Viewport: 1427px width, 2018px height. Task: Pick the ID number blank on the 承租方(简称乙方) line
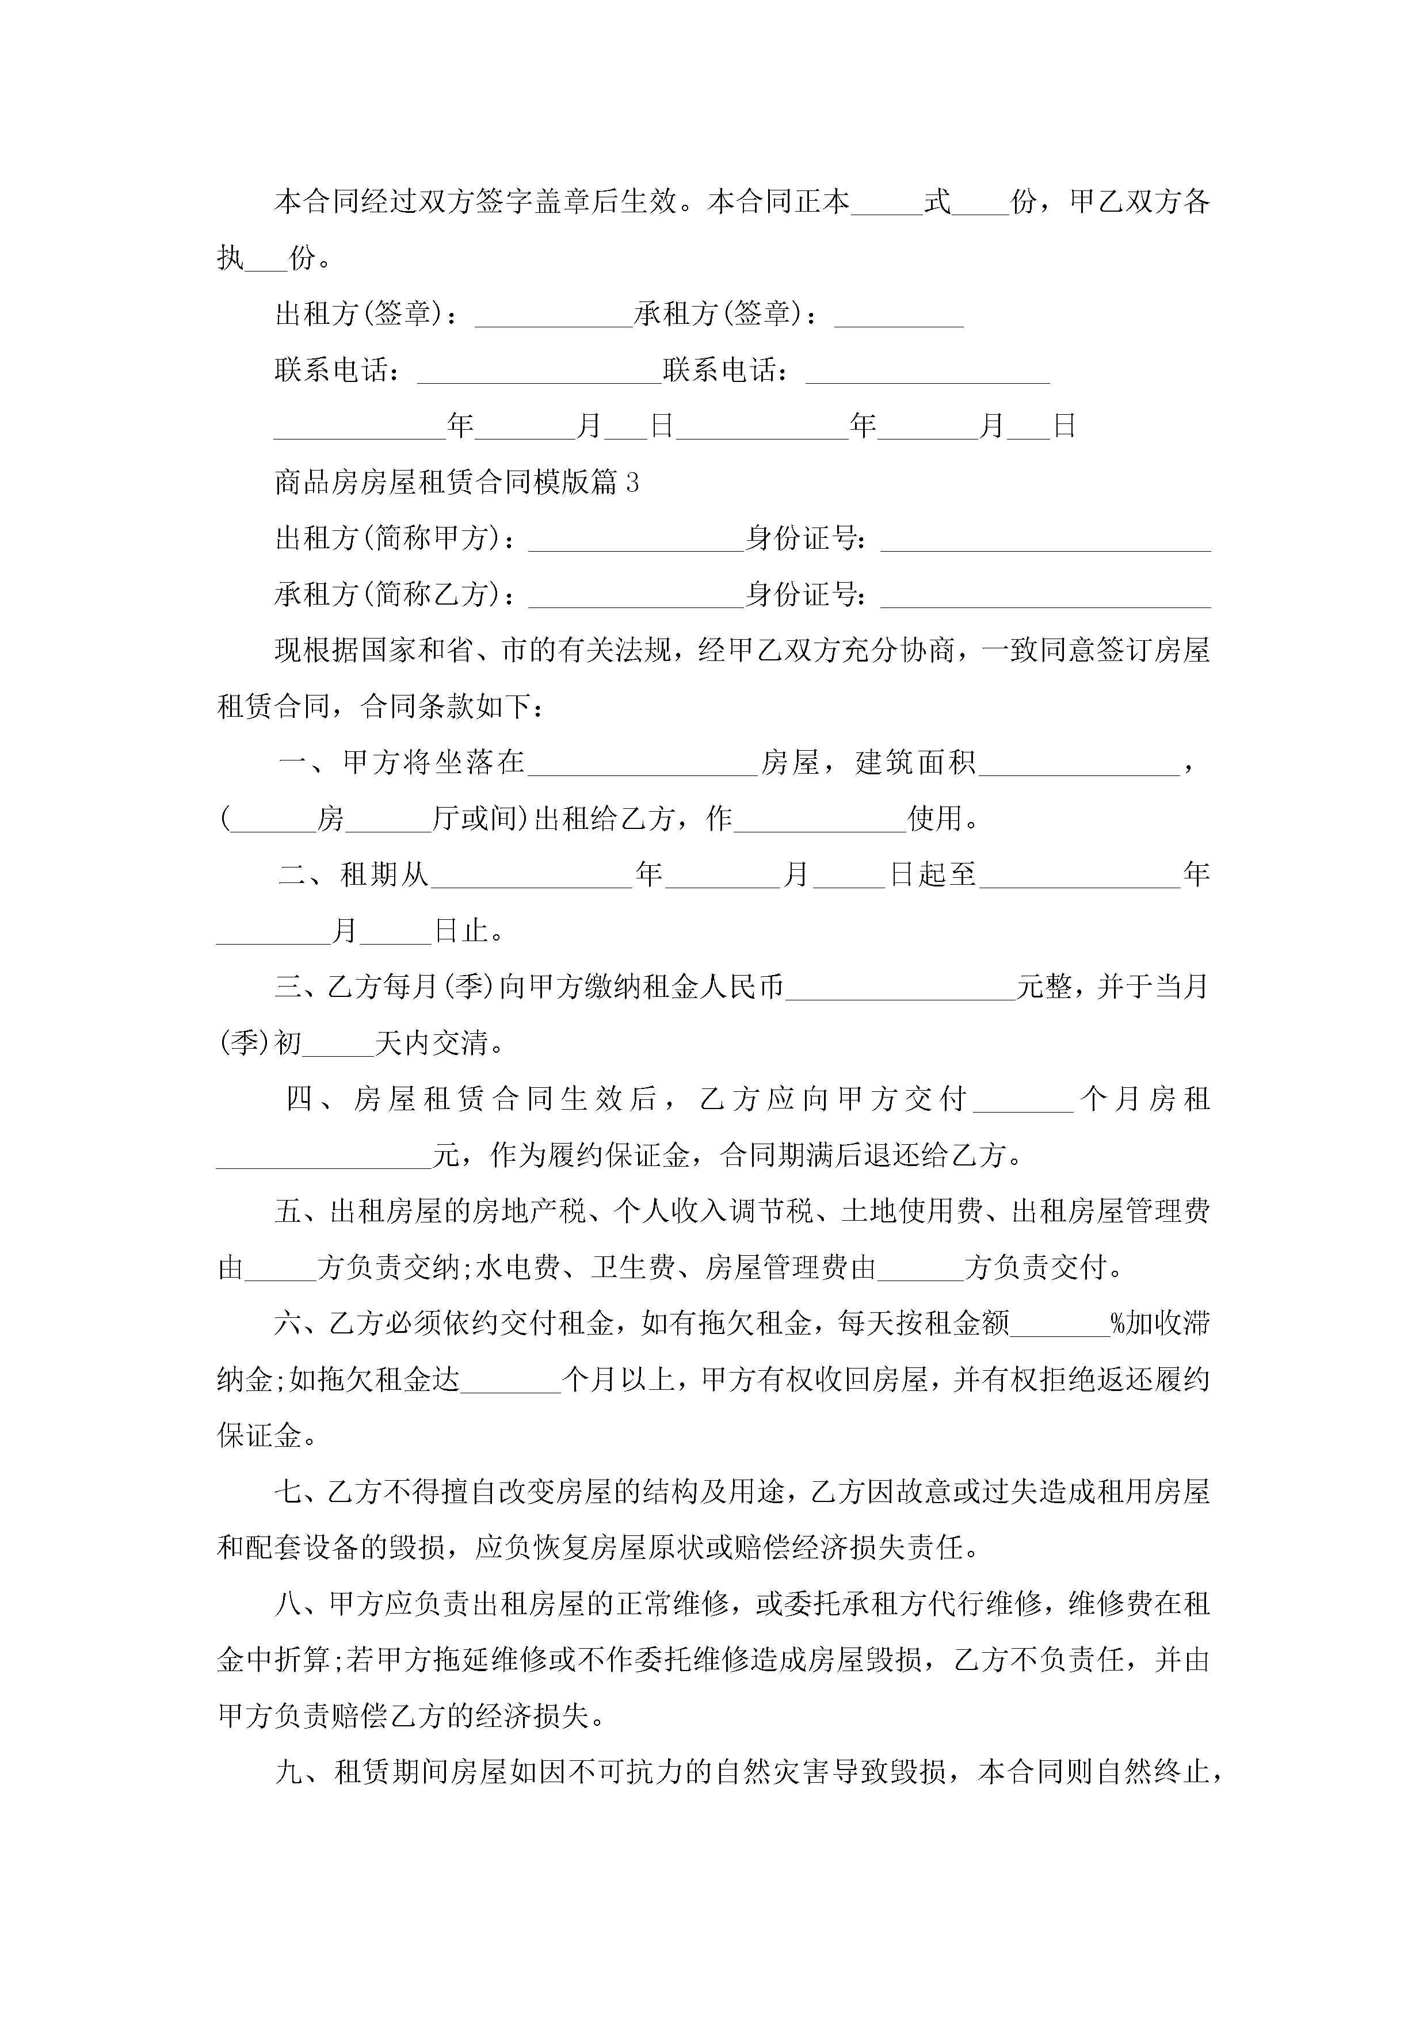(1046, 597)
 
